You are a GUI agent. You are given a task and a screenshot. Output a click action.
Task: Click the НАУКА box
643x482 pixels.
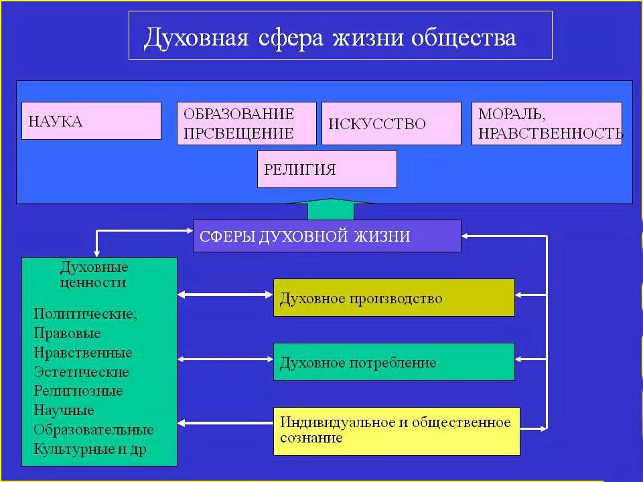tap(91, 120)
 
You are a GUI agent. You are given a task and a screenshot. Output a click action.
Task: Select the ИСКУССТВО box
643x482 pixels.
tap(391, 123)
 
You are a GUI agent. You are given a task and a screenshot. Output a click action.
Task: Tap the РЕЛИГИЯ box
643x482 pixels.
tap(327, 169)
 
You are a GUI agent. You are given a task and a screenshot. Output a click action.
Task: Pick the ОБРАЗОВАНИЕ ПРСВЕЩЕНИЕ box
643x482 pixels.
tap(246, 123)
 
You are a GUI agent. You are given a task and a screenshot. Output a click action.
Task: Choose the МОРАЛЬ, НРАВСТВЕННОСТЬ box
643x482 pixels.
tap(547, 123)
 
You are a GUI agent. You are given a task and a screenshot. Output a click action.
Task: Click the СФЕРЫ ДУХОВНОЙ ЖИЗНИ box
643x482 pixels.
tap(327, 236)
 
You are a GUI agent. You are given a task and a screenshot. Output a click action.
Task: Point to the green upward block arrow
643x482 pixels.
tap(330, 209)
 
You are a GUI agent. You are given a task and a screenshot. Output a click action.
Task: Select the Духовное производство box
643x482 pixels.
tap(394, 298)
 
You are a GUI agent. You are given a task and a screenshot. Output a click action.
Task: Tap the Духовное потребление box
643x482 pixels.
tap(394, 362)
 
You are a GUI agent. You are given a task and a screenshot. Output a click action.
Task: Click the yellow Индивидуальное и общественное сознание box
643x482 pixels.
tap(397, 430)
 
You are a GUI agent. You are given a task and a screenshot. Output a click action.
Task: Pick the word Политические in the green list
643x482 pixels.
tap(85, 313)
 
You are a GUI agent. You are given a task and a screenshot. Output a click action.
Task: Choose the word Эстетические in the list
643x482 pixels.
tap(81, 372)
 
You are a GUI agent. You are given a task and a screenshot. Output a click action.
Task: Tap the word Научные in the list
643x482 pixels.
tap(64, 410)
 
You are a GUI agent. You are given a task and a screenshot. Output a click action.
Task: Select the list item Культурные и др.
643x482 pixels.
tap(92, 449)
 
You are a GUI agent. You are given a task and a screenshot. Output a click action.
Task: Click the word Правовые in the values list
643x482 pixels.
tap(68, 333)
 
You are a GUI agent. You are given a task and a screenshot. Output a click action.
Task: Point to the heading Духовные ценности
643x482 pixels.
tap(94, 274)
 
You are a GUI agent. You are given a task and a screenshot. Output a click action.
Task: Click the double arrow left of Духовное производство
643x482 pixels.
tap(225, 294)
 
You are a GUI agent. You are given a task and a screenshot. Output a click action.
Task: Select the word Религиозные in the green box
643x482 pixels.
tap(78, 391)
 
